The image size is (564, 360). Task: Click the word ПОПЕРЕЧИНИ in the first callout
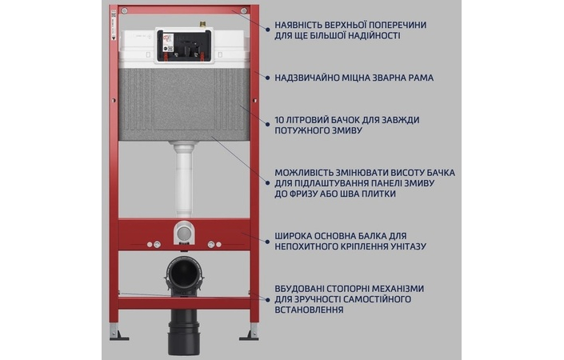click(x=394, y=25)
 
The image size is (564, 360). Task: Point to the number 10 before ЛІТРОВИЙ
click(x=279, y=119)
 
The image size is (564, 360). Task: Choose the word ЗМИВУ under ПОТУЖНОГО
click(x=342, y=130)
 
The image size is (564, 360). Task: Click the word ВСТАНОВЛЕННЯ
click(x=314, y=310)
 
